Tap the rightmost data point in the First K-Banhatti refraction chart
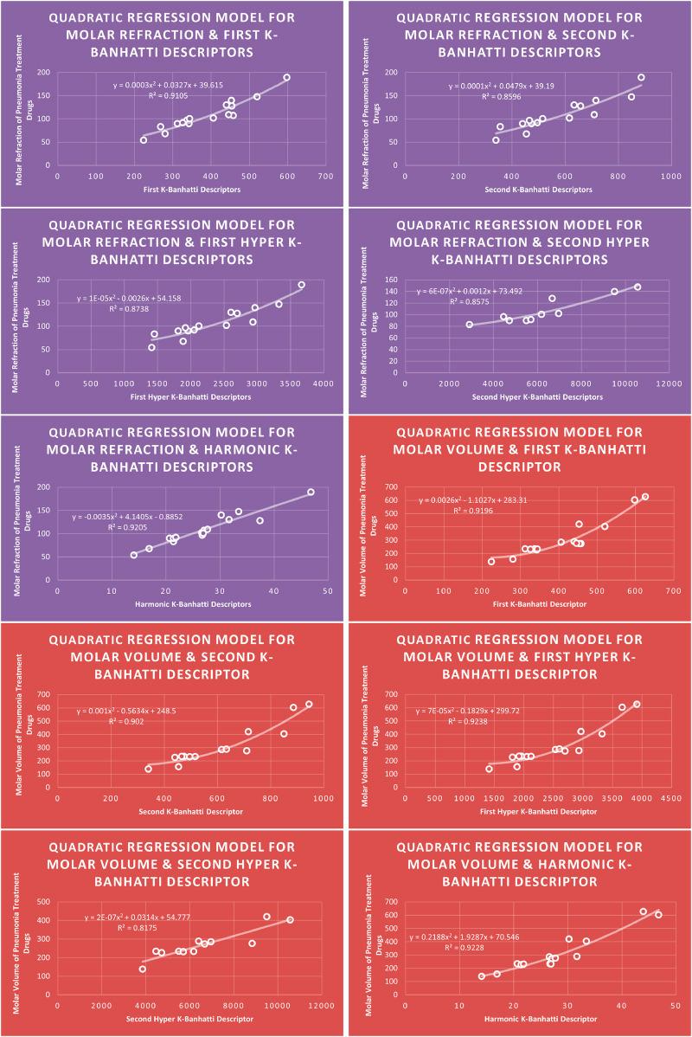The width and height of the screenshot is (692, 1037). pos(286,78)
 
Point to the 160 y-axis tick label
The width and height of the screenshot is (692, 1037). pos(394,280)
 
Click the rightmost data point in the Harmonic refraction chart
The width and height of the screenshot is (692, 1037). pos(311,493)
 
